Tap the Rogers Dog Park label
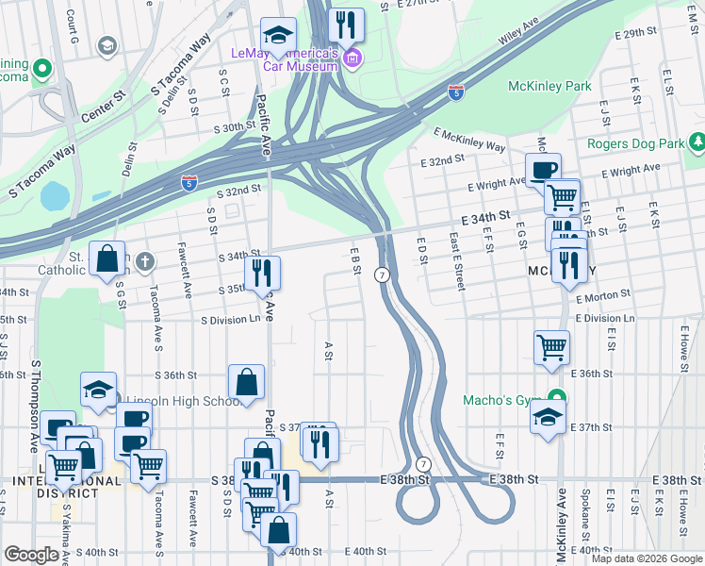pyautogui.click(x=633, y=143)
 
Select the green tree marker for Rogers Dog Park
pyautogui.click(x=697, y=142)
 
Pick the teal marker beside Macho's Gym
pyautogui.click(x=556, y=399)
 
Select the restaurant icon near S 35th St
pyautogui.click(x=262, y=274)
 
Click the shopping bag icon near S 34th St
pyautogui.click(x=108, y=258)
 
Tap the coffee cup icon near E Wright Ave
pyautogui.click(x=543, y=171)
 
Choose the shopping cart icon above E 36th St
pyautogui.click(x=551, y=346)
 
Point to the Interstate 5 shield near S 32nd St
pyautogui.click(x=189, y=183)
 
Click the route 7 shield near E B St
pyautogui.click(x=382, y=275)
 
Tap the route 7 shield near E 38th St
pyautogui.click(x=424, y=464)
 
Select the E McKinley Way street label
pyautogui.click(x=469, y=141)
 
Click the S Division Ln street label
pyautogui.click(x=230, y=319)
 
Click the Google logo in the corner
pyautogui.click(x=32, y=555)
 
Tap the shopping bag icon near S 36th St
pyautogui.click(x=246, y=383)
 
